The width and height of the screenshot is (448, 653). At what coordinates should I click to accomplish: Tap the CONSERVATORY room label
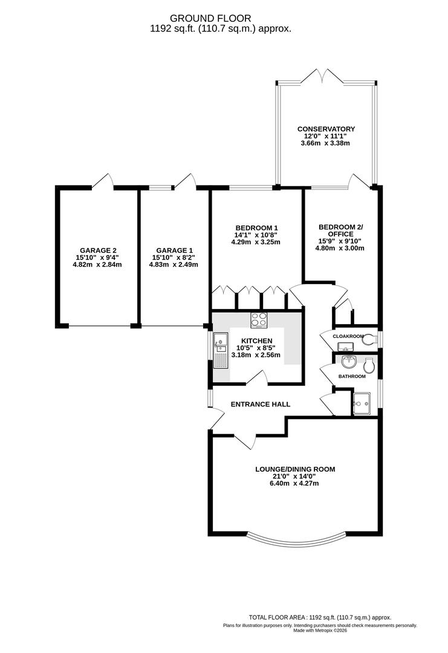tap(326, 129)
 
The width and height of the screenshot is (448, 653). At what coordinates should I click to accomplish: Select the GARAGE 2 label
tap(98, 250)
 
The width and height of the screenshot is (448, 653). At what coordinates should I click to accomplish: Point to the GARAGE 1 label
tap(174, 250)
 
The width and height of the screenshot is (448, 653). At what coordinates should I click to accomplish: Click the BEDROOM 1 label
tap(256, 227)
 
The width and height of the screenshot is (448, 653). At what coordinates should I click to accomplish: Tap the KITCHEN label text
tap(257, 341)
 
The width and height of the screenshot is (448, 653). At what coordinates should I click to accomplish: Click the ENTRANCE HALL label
tap(261, 404)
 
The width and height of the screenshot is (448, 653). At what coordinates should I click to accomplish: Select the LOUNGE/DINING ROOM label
tap(295, 469)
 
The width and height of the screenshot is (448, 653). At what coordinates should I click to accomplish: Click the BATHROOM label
tap(351, 377)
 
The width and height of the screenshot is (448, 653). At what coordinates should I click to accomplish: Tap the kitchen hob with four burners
tap(259, 319)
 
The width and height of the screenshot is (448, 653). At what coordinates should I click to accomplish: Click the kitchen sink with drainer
tap(219, 350)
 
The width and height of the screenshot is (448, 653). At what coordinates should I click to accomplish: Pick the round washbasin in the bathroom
tap(348, 362)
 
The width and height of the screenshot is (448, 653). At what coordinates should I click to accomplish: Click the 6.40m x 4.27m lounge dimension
tap(295, 483)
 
